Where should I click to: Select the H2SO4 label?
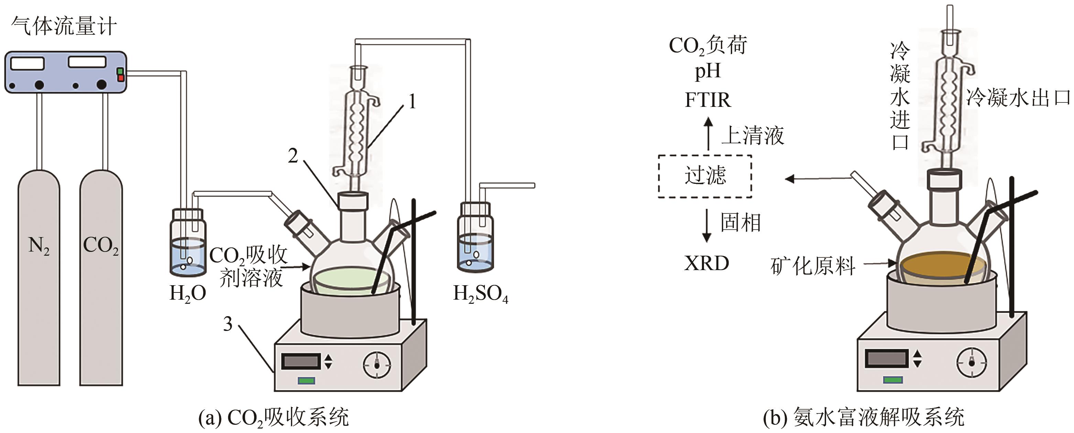pyautogui.click(x=480, y=294)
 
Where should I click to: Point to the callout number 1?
pyautogui.click(x=412, y=101)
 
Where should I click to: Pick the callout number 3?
pyautogui.click(x=228, y=324)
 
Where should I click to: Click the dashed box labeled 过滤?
pyautogui.click(x=705, y=176)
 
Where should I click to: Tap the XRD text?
pyautogui.click(x=706, y=263)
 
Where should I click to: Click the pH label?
pyautogui.click(x=707, y=71)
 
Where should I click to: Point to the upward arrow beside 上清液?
pyautogui.click(x=708, y=133)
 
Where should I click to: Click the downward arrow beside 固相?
pyautogui.click(x=707, y=225)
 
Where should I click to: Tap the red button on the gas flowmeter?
pyautogui.click(x=120, y=78)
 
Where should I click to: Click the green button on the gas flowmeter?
pyautogui.click(x=120, y=71)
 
